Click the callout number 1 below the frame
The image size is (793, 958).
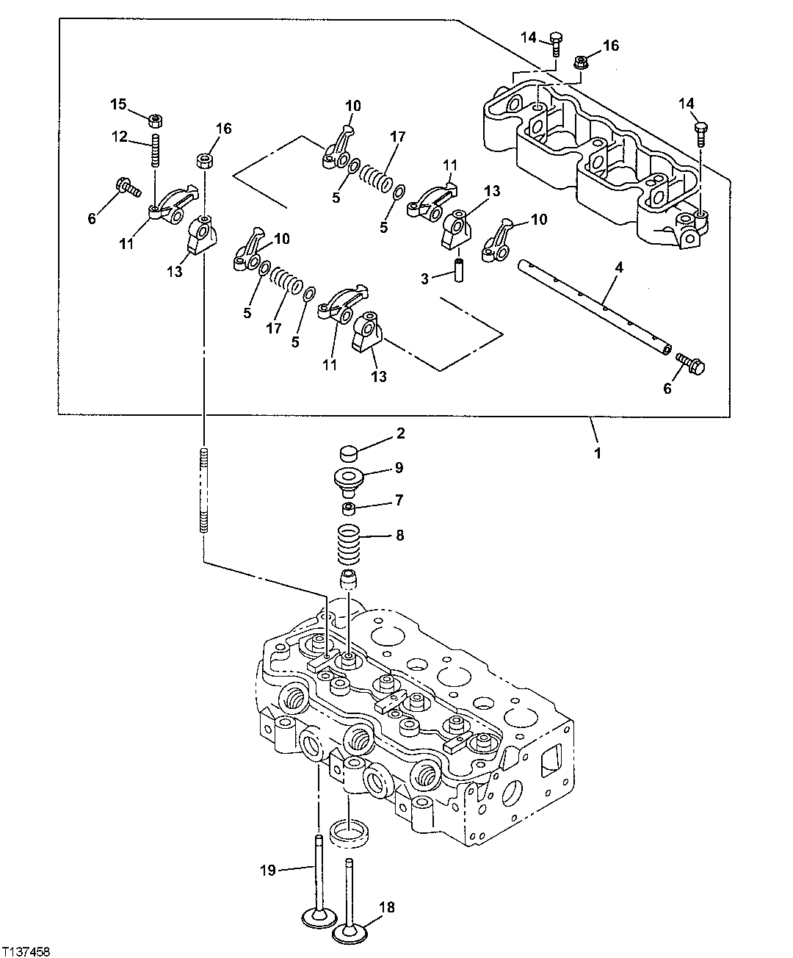(598, 453)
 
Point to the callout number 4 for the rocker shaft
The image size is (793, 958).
(619, 268)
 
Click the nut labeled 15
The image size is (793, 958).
(156, 120)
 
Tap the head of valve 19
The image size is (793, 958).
(317, 918)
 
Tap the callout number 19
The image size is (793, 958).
(267, 871)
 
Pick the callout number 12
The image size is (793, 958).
(120, 136)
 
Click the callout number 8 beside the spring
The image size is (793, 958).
(399, 536)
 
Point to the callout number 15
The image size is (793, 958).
(119, 104)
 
